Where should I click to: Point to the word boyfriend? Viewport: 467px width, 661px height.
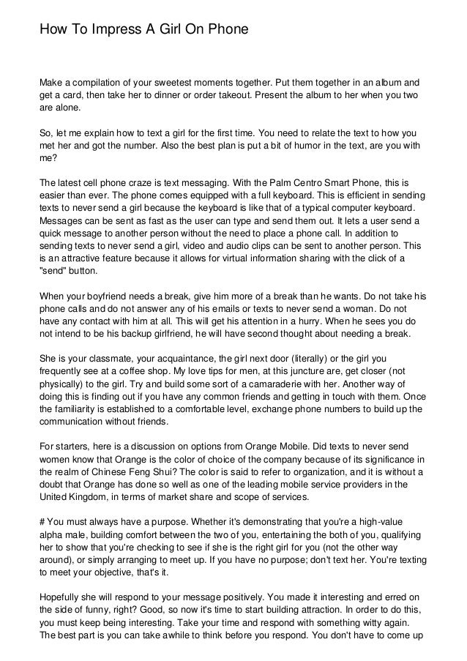pyautogui.click(x=102, y=296)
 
